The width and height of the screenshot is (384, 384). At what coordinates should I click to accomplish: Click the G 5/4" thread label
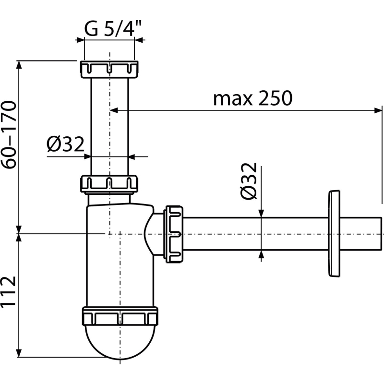pos(113,30)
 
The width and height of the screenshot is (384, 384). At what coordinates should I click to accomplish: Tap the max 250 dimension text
pos(252,98)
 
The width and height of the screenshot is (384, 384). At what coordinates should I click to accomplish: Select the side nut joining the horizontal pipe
pos(174,234)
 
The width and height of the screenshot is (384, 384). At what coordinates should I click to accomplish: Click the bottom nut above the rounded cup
pos(120,317)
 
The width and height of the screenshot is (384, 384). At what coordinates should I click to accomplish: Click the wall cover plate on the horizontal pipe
pos(332,234)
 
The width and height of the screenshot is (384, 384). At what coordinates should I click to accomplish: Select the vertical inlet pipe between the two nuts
pos(110,125)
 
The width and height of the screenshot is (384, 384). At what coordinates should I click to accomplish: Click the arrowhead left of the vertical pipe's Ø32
pos(87,156)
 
